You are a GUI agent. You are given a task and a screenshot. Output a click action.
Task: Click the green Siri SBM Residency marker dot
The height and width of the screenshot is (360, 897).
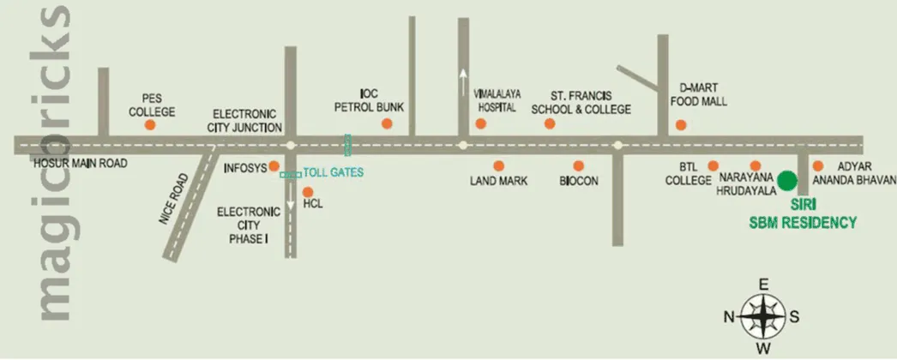coord(786,181)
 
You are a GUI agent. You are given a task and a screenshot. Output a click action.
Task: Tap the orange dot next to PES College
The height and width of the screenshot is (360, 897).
coord(150,125)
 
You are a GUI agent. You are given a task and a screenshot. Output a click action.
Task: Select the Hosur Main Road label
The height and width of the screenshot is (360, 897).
coord(80,160)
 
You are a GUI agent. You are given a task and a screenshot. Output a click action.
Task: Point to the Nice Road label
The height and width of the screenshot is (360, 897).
coord(174,200)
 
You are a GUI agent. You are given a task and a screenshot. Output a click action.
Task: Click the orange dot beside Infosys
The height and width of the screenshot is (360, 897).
coord(274,165)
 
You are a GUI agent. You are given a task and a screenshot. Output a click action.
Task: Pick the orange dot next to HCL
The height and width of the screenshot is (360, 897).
coord(307,191)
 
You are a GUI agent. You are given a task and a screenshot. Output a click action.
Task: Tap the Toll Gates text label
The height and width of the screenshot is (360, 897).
coord(334,172)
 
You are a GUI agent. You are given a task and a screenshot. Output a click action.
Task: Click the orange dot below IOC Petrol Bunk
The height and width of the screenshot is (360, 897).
coord(387,123)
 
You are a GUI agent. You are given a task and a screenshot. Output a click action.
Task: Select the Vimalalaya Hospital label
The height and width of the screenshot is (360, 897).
coord(496,101)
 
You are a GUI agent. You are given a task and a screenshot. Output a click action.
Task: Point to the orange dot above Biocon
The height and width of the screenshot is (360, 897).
coord(579,165)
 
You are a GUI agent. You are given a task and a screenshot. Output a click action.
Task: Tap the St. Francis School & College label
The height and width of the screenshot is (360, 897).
coord(581,103)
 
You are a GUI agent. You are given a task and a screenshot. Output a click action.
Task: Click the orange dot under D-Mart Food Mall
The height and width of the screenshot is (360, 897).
coord(681,125)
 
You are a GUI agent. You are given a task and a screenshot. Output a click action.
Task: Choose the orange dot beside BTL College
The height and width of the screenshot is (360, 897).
coord(713,165)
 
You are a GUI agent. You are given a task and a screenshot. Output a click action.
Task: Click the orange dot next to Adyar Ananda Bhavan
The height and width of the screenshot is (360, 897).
coord(818,165)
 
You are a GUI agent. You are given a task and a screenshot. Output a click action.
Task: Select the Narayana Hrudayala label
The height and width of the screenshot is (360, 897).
coord(746,186)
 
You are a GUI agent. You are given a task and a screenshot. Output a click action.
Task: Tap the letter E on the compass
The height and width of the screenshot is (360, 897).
coord(762,285)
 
